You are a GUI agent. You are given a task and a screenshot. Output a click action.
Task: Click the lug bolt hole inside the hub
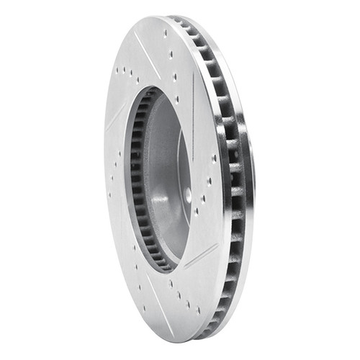[188, 194]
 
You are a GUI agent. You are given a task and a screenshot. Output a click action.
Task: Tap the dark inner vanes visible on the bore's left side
[137, 180]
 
